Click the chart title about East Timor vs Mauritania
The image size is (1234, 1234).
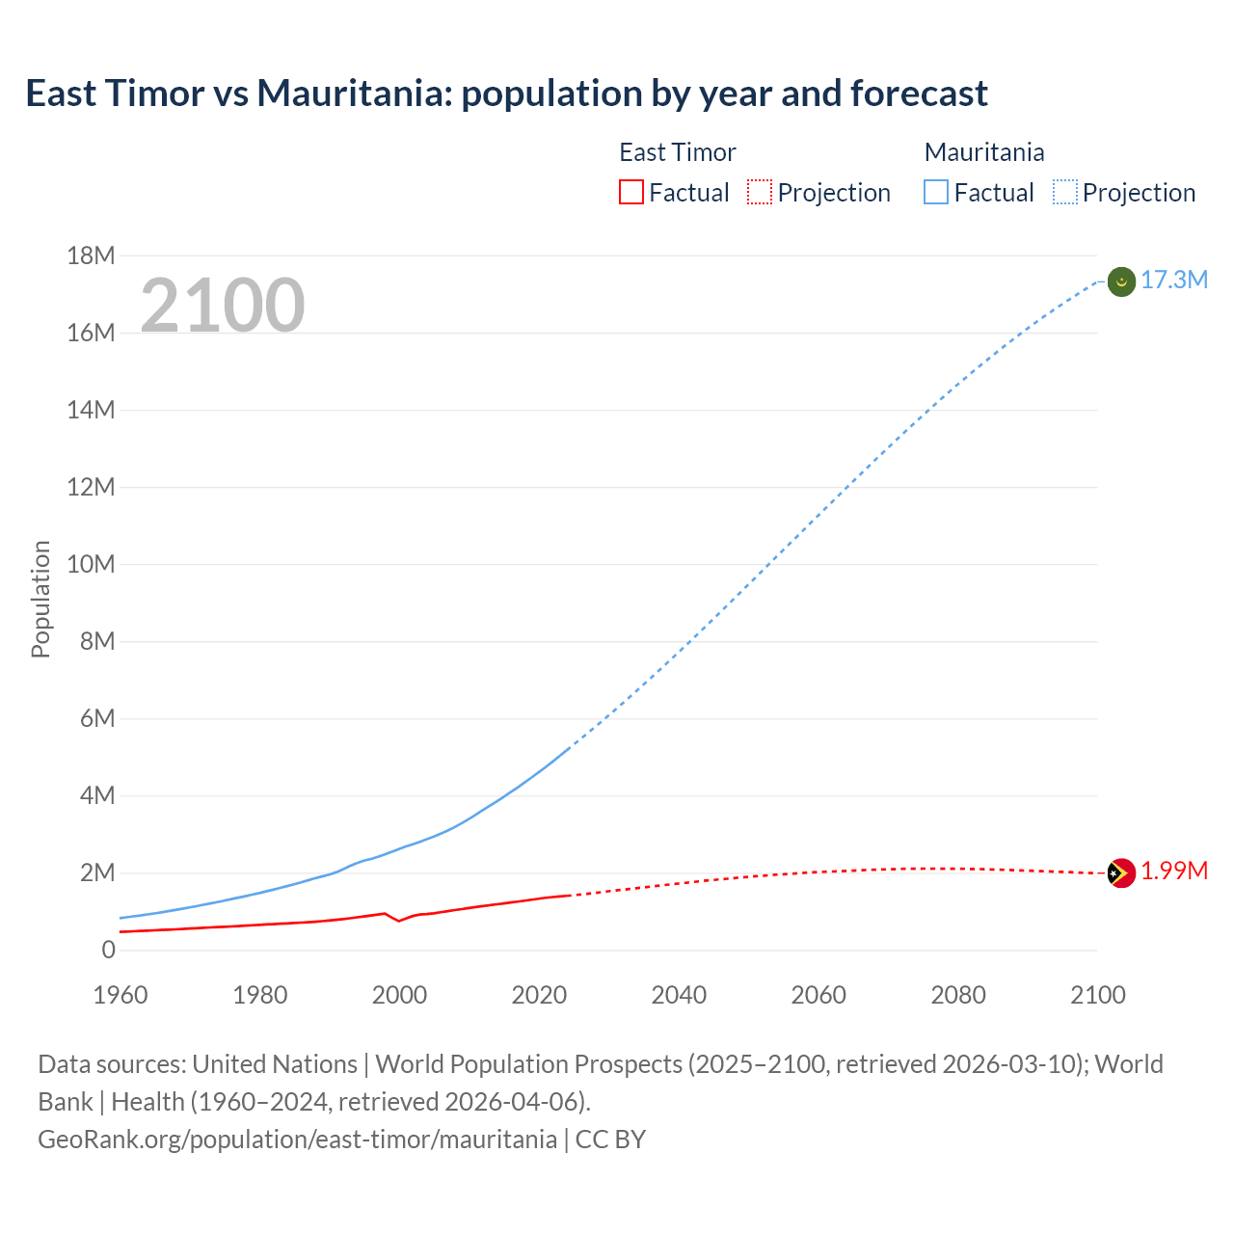click(506, 94)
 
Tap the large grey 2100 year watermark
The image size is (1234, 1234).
click(223, 306)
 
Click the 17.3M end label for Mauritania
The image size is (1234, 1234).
click(1173, 281)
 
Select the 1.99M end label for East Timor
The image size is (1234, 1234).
click(1173, 872)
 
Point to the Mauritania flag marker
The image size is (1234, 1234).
click(1121, 282)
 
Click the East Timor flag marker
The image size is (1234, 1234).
click(1121, 873)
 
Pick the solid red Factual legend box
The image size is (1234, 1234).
click(630, 193)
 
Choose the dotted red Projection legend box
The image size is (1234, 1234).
click(760, 193)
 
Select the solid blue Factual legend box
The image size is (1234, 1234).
click(936, 193)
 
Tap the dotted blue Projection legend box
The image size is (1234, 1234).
click(1065, 193)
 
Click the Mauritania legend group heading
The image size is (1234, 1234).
click(983, 152)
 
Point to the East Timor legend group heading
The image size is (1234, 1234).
click(677, 152)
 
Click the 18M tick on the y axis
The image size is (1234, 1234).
click(91, 255)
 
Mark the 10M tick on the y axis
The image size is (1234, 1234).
click(91, 564)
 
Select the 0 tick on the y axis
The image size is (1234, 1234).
click(108, 950)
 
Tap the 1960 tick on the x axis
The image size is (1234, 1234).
click(121, 995)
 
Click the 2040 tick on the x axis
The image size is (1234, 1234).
click(679, 995)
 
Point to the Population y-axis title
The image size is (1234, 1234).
click(40, 599)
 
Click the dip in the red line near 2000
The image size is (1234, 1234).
click(399, 921)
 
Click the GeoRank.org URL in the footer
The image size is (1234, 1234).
click(297, 1140)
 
